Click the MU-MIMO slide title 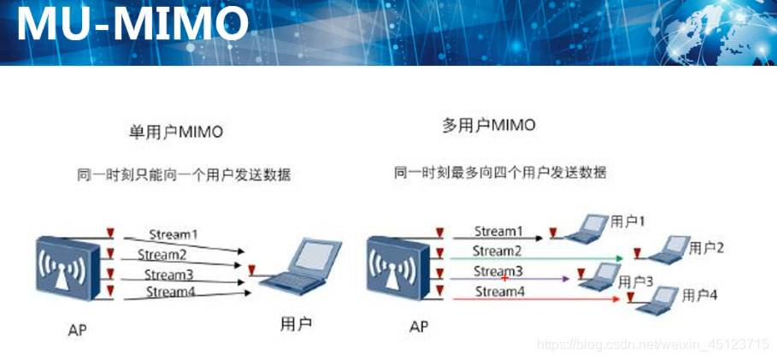[x=132, y=24]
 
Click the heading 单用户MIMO [x=176, y=133]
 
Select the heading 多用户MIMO [x=489, y=126]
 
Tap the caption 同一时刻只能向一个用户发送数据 [x=184, y=175]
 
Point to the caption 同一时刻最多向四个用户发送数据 [x=500, y=173]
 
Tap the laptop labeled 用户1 [x=586, y=228]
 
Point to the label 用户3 [x=636, y=282]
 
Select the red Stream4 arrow [x=535, y=299]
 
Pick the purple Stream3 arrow [x=509, y=279]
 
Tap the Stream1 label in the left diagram [x=173, y=234]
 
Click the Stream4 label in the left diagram [x=170, y=292]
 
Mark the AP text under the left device [x=78, y=330]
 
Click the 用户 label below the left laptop [x=296, y=324]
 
